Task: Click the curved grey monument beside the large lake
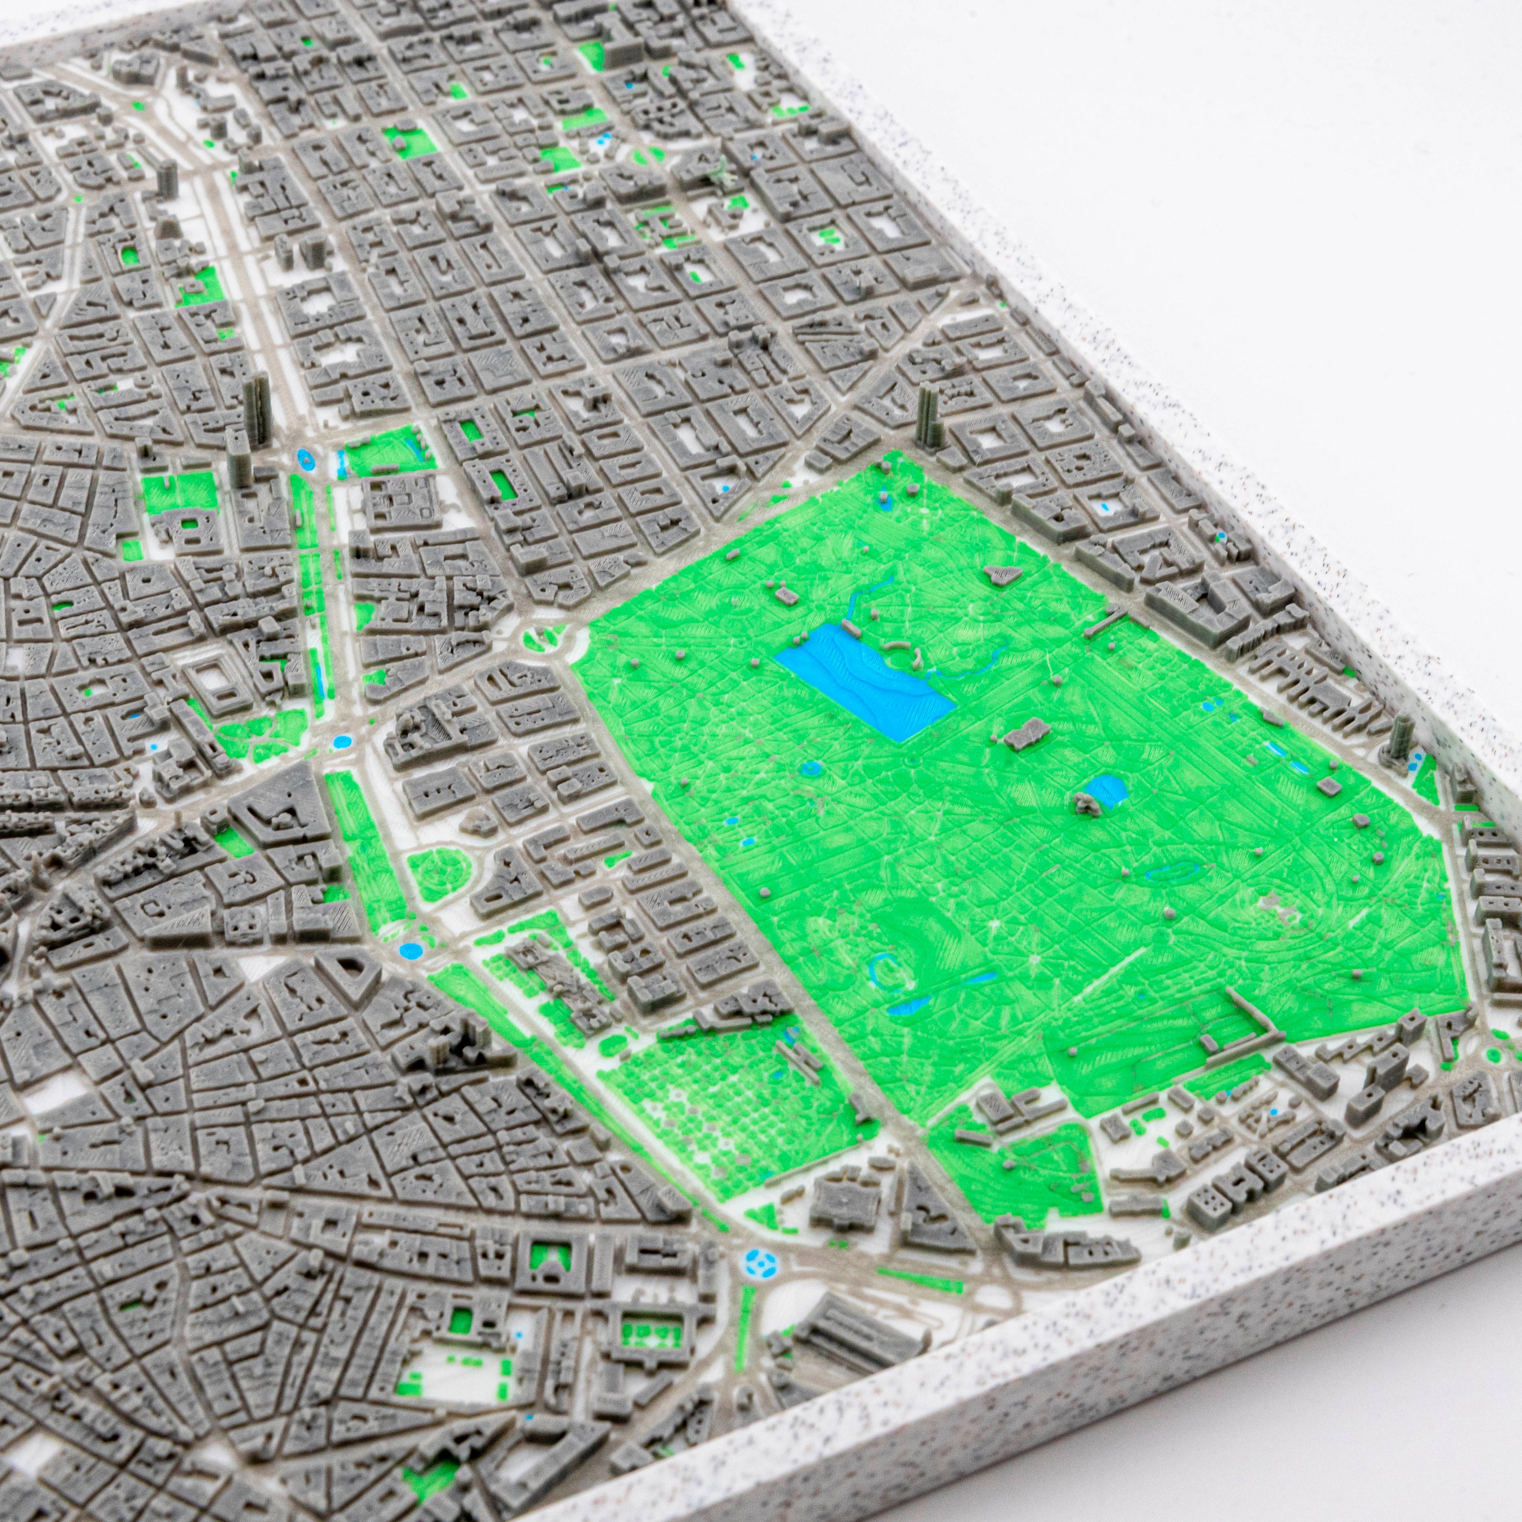[x=898, y=646]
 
